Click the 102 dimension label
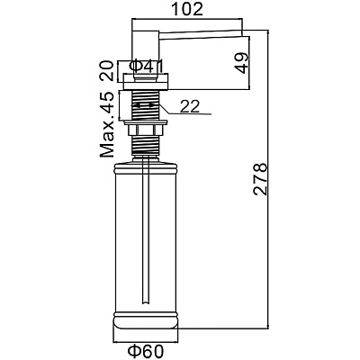[187, 9]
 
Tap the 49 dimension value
[242, 63]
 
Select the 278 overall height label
[260, 179]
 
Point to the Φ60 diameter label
[146, 351]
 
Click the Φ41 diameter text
[148, 67]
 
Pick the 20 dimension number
[107, 71]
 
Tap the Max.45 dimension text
[107, 124]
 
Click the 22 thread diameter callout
[190, 106]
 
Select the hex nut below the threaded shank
[145, 130]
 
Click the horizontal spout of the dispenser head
[204, 34]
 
